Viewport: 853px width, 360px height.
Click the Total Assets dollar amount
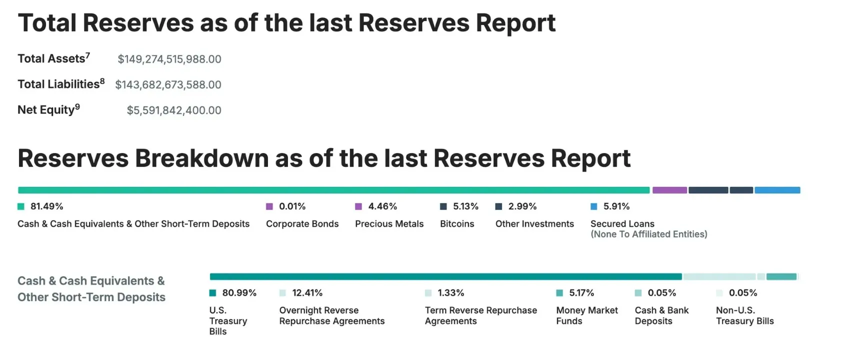pos(169,59)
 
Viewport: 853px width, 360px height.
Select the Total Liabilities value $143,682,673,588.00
pos(168,84)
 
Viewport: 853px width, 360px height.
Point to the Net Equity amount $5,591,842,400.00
pos(174,110)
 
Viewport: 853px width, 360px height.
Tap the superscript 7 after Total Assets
pos(87,55)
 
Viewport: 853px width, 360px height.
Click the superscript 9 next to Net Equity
pos(77,106)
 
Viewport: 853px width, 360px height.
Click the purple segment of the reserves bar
pos(670,190)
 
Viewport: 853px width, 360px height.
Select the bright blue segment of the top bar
pos(777,190)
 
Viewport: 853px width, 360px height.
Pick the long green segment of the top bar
pos(334,190)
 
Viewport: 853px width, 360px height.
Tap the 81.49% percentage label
pos(47,206)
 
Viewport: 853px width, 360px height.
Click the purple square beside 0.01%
pos(269,206)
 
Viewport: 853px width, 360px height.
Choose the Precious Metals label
pos(389,223)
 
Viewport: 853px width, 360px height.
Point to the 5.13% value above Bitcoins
pos(465,206)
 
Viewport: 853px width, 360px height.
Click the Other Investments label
pos(534,223)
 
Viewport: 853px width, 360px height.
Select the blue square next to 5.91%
pos(593,206)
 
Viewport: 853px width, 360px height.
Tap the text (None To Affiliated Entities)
pos(649,234)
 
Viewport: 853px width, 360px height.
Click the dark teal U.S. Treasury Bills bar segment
pos(446,276)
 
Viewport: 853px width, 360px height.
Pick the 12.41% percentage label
pos(307,293)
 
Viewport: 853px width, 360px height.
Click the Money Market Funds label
pos(587,315)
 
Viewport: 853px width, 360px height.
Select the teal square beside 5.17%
pos(559,293)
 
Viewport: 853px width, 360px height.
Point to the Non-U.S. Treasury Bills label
pos(745,315)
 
